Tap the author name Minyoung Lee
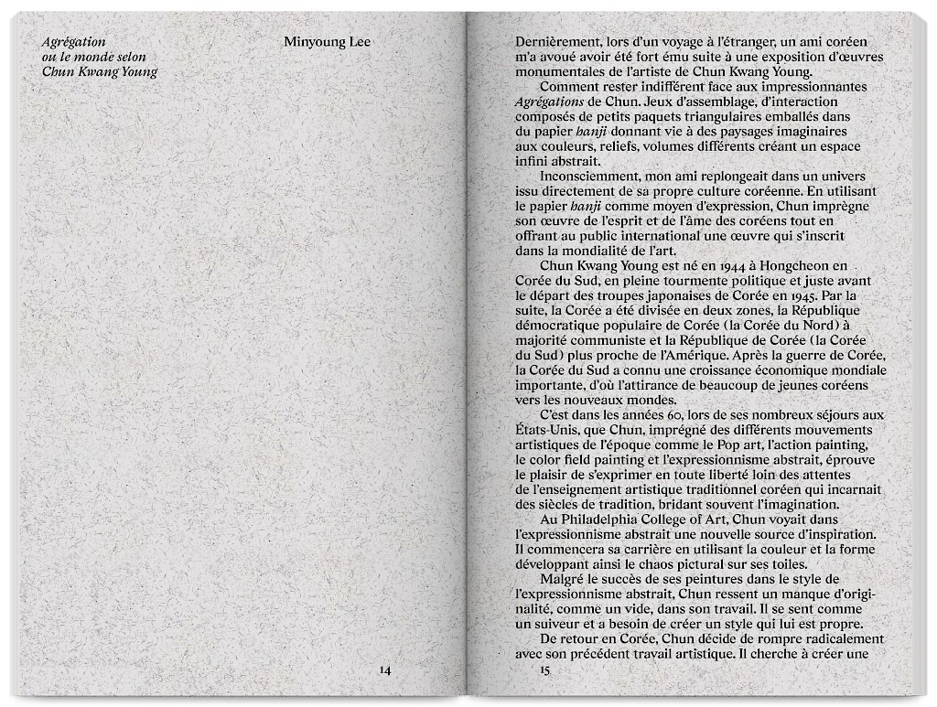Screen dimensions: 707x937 327,42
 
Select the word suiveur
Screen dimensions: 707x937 558,624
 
